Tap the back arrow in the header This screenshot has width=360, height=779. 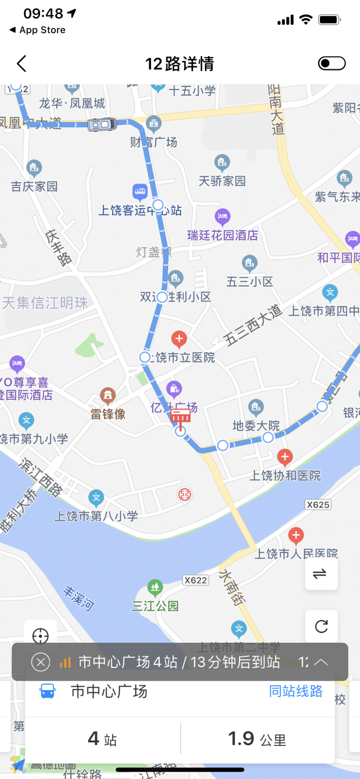(x=21, y=64)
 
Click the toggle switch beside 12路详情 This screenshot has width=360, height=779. (x=331, y=63)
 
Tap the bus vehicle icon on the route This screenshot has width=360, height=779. (x=102, y=124)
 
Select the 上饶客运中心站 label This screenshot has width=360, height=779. (x=140, y=210)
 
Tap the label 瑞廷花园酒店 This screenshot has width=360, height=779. (x=223, y=235)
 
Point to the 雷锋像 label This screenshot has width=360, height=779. (x=108, y=414)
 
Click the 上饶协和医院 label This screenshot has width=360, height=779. (x=285, y=475)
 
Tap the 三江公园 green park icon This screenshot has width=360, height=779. (x=155, y=587)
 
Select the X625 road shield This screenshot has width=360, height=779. (x=318, y=505)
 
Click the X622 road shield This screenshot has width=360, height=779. (x=195, y=580)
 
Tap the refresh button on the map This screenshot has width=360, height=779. (x=321, y=626)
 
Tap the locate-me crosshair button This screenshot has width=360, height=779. (x=41, y=636)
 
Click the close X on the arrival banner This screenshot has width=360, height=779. (x=41, y=662)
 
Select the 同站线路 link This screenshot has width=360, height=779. (x=296, y=691)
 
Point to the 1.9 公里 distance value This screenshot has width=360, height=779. (x=257, y=738)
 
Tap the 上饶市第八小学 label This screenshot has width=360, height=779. (x=97, y=516)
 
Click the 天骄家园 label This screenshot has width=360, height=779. (x=222, y=181)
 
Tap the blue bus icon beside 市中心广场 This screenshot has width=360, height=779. (x=47, y=691)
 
